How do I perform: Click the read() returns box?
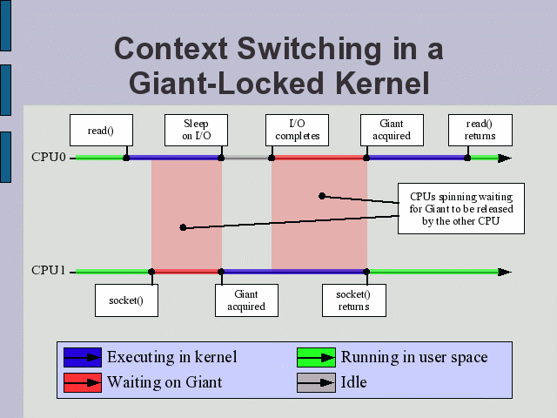(x=480, y=130)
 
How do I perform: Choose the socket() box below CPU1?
(x=126, y=300)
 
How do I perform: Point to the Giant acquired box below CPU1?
(x=246, y=300)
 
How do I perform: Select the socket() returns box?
(x=353, y=300)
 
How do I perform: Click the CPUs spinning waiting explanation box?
(x=461, y=209)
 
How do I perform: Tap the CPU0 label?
(x=49, y=158)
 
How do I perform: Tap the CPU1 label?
(x=49, y=271)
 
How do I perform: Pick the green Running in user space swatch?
(x=316, y=357)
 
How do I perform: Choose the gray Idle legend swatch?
(x=316, y=382)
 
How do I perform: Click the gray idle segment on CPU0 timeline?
(x=246, y=158)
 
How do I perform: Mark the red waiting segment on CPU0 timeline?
(x=319, y=158)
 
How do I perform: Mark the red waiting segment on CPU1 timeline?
(x=186, y=272)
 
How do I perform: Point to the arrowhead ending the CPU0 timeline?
(x=505, y=158)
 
